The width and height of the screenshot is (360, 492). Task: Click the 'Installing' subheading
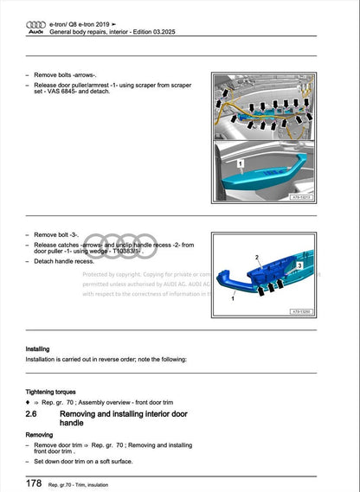coord(38,349)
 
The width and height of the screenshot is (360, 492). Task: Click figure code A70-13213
coord(299,196)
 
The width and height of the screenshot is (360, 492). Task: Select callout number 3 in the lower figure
coord(299,265)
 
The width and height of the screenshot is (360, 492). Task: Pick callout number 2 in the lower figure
coord(257,259)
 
